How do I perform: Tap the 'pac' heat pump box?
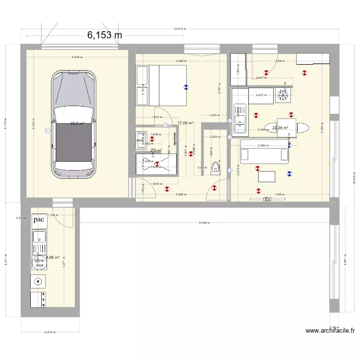pos(39,220)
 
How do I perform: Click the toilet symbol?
pos(216,166)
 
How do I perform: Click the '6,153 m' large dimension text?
pos(104,35)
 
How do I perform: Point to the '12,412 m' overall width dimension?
pos(180,29)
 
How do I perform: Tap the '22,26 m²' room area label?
pos(280,128)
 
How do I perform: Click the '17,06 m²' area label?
pos(185,123)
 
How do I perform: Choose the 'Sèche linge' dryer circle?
pos(39,262)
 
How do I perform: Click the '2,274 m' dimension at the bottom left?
pos(49,332)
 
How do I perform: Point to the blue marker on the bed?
pos(186,87)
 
